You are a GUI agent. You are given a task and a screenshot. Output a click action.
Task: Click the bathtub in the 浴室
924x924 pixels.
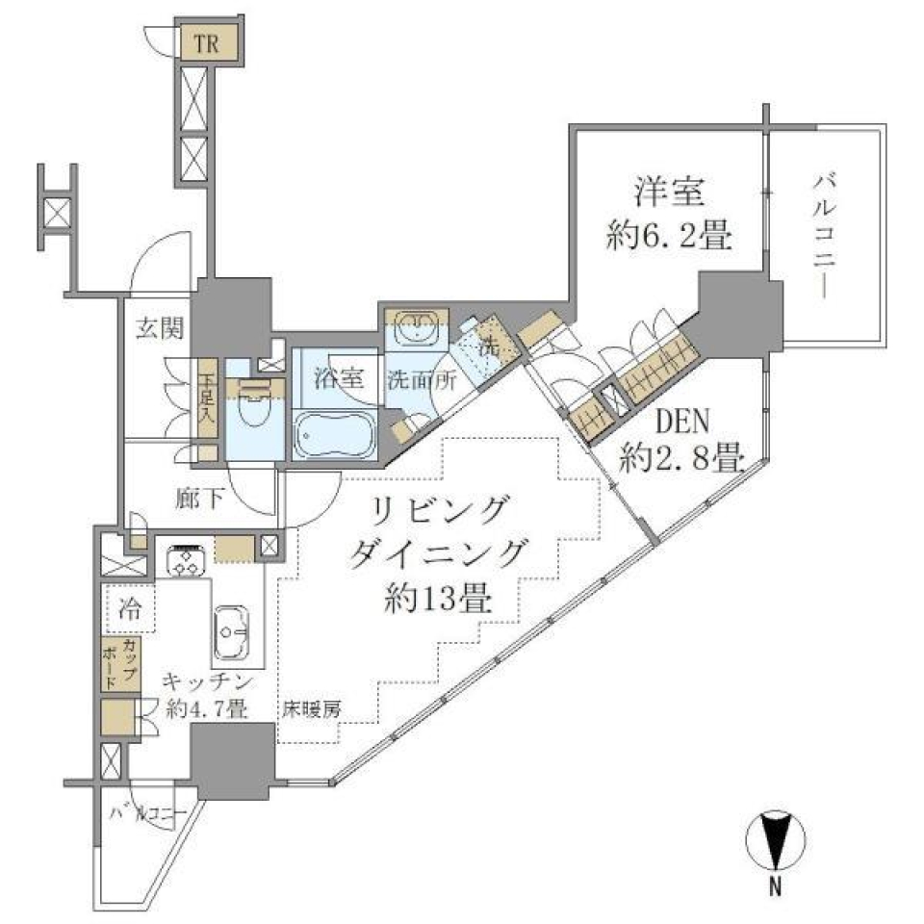coord(333,435)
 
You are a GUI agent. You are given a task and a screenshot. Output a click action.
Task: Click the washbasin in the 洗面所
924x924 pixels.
coord(415,330)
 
